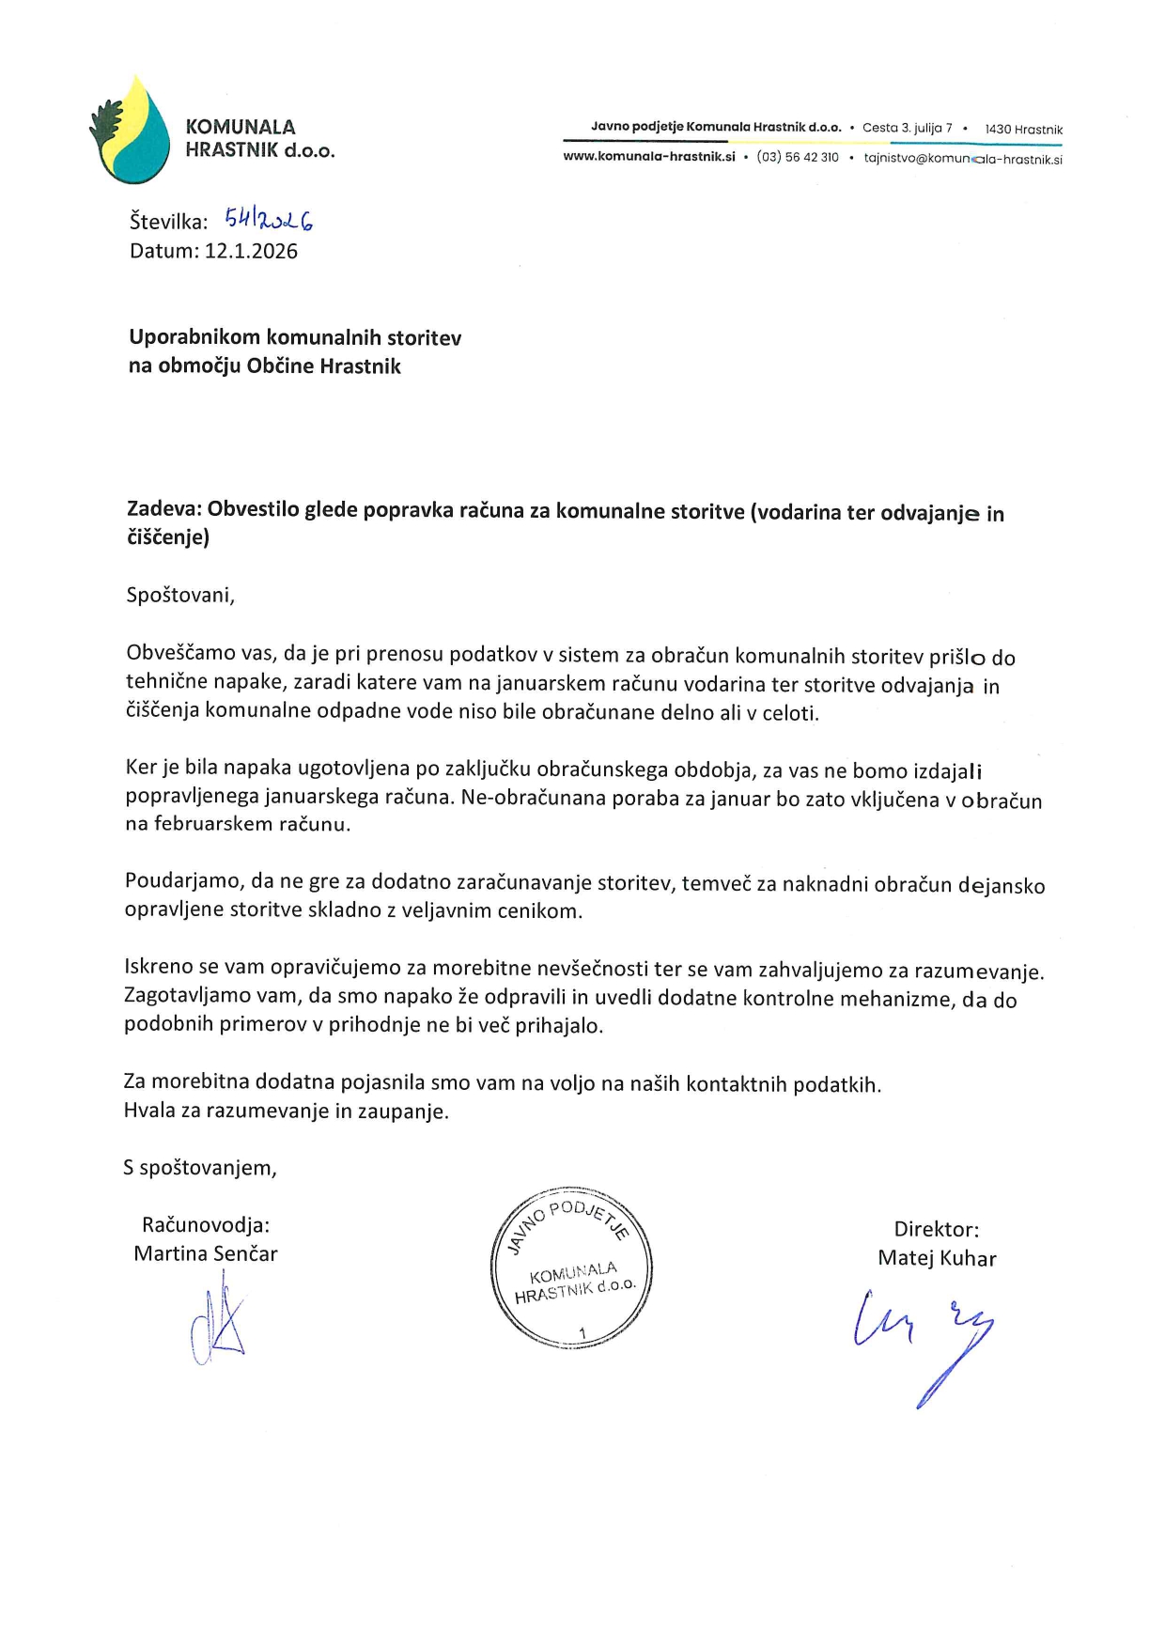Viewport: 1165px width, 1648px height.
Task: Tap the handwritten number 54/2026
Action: pyautogui.click(x=268, y=221)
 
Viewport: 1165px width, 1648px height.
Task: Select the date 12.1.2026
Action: pyautogui.click(x=251, y=251)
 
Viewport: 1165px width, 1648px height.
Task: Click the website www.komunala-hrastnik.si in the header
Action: pyautogui.click(x=648, y=158)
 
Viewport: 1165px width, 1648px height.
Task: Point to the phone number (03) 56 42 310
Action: pyautogui.click(x=798, y=158)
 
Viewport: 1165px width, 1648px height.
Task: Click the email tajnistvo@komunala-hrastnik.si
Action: pyautogui.click(x=963, y=159)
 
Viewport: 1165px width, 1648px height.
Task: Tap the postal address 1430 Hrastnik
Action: pyautogui.click(x=1023, y=129)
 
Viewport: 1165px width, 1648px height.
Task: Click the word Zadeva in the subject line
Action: pyautogui.click(x=163, y=509)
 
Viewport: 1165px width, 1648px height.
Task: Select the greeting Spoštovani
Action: pyautogui.click(x=179, y=595)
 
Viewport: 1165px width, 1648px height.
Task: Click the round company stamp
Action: pyautogui.click(x=571, y=1267)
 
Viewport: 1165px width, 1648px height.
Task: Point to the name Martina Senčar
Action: pyautogui.click(x=206, y=1253)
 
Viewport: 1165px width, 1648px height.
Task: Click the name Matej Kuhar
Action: pyautogui.click(x=937, y=1258)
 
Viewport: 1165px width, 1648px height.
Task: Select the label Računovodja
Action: pyautogui.click(x=206, y=1225)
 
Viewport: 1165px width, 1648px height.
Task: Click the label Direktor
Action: pyautogui.click(x=936, y=1229)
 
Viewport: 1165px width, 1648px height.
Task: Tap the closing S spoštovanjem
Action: pyautogui.click(x=200, y=1168)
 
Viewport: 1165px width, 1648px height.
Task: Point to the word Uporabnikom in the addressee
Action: pyautogui.click(x=195, y=337)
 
